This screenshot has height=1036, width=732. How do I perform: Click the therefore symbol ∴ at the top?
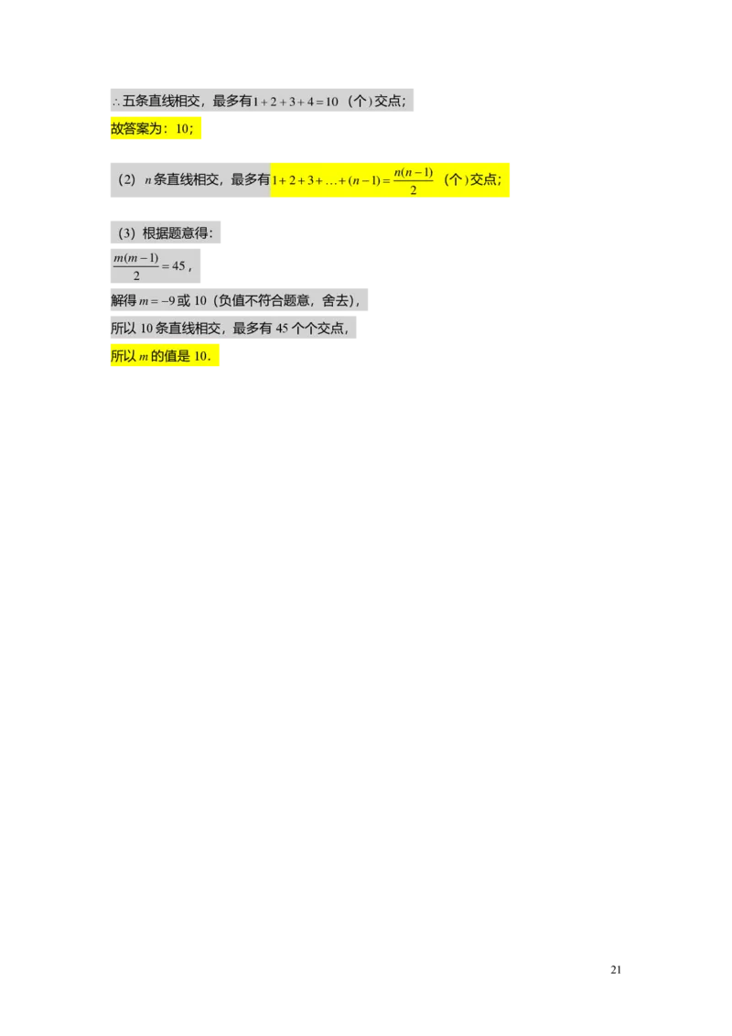[x=115, y=103]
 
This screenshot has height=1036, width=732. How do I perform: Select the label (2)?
[x=126, y=179]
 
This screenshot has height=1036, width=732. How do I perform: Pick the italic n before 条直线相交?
[x=147, y=180]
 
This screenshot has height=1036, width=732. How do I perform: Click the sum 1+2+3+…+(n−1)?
[x=326, y=180]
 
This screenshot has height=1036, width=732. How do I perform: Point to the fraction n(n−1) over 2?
[x=414, y=180]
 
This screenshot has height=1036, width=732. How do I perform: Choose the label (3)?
[x=126, y=233]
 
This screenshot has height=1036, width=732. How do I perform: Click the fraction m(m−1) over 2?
[x=135, y=266]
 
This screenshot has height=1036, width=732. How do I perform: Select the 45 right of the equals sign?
[x=178, y=266]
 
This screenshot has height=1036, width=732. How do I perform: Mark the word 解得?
[x=124, y=300]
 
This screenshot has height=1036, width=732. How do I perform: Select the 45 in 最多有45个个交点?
[x=282, y=329]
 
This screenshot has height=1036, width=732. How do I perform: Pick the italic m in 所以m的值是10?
[x=143, y=358]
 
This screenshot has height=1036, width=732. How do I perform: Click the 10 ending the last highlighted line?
[x=201, y=358]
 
